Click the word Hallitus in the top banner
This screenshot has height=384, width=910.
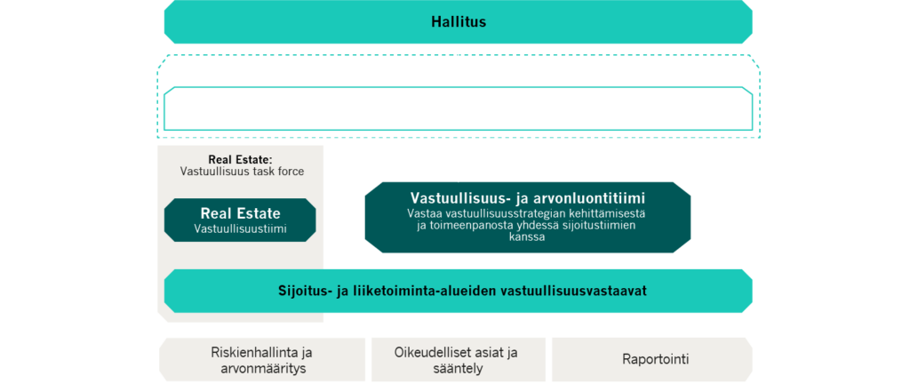point(459,22)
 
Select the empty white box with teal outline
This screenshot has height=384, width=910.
point(459,108)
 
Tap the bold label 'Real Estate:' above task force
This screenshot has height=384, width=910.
point(240,159)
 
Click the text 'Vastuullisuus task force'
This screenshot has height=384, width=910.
point(242,172)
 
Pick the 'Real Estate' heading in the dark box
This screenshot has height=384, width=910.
point(240,212)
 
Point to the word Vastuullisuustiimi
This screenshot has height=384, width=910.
point(240,228)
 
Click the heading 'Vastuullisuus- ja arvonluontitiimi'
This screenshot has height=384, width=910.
point(528,197)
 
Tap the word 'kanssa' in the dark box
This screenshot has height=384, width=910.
point(528,237)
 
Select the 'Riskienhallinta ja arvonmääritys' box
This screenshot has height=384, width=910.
point(262,360)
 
